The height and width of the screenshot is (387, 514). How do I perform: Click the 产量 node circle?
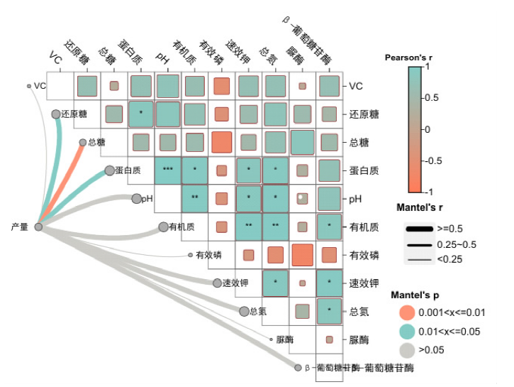point(39,227)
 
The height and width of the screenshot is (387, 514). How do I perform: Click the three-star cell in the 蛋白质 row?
point(168,170)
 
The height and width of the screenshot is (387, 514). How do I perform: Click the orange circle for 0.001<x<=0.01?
point(406,312)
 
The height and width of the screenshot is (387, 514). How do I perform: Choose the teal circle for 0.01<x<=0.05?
point(406,330)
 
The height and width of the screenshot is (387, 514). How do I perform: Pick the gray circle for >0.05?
point(406,349)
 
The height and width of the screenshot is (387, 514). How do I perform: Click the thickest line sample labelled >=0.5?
point(419,229)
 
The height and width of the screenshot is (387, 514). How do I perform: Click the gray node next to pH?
point(137,198)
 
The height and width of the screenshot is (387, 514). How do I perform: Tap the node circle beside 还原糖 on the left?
point(56,114)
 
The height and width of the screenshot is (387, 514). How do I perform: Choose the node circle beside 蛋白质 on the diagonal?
point(109,170)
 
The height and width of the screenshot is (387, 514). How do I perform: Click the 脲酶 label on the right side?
point(359,339)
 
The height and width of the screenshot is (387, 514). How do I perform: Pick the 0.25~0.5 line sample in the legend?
point(419,244)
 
